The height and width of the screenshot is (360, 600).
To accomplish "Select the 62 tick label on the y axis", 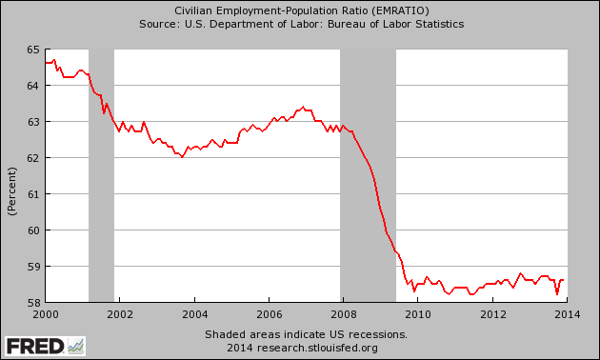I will click(33, 158).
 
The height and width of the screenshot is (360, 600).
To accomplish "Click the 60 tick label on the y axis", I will click(33, 230).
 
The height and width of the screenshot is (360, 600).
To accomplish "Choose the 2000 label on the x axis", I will click(45, 313).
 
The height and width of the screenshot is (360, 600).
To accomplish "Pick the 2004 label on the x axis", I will click(194, 313).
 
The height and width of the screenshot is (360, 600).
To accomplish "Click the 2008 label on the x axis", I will click(344, 313).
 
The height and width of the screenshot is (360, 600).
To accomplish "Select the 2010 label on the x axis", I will click(418, 313).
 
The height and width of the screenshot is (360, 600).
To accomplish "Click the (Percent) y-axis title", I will click(12, 190).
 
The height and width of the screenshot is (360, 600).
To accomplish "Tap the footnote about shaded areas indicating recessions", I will click(306, 334).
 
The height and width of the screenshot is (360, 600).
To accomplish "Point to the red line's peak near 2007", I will click(303, 107).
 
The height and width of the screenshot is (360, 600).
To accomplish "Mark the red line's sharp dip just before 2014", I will click(557, 293).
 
